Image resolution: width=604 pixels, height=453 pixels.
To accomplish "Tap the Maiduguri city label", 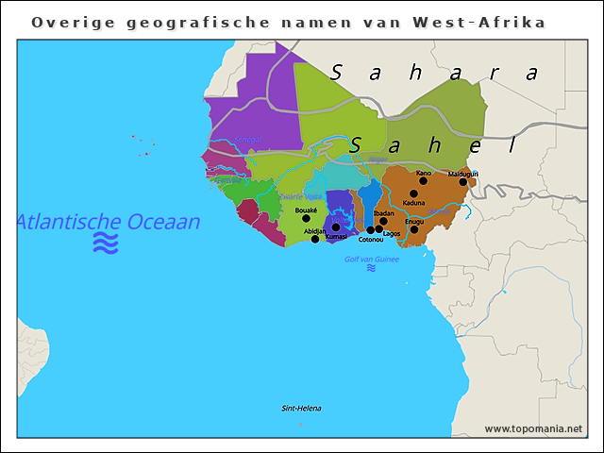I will click(x=462, y=174).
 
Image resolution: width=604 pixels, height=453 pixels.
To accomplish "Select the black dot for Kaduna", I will click(x=413, y=193).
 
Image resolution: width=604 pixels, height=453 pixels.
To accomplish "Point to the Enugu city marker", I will click(x=414, y=229).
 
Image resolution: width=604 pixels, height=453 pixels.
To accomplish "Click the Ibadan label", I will click(x=383, y=213).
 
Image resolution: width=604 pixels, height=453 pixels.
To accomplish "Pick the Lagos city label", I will click(x=392, y=233).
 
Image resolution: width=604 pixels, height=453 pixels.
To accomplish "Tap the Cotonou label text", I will click(x=371, y=240).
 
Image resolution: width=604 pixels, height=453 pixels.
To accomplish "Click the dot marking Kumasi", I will click(x=336, y=227).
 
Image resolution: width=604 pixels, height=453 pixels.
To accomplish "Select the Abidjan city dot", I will click(x=315, y=239).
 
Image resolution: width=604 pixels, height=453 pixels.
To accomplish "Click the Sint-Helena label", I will click(x=302, y=409).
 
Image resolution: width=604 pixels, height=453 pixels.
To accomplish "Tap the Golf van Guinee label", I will click(x=371, y=259).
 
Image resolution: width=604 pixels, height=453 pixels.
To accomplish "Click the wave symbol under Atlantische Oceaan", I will click(x=106, y=244).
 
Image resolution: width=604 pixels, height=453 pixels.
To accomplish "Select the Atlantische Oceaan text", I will click(x=109, y=222).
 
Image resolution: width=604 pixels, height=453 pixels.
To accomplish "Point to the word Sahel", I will click(x=430, y=145).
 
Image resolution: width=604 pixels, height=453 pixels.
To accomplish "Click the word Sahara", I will click(x=434, y=72).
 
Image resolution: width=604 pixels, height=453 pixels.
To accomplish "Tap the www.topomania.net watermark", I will click(x=533, y=428).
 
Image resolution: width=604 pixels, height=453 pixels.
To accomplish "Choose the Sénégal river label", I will click(x=248, y=140).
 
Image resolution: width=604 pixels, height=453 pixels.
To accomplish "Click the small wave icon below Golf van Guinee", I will click(x=371, y=269).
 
